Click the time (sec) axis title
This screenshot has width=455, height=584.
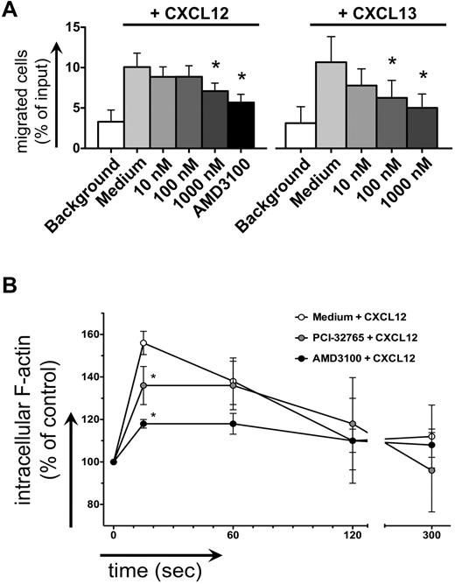pos(150,571)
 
